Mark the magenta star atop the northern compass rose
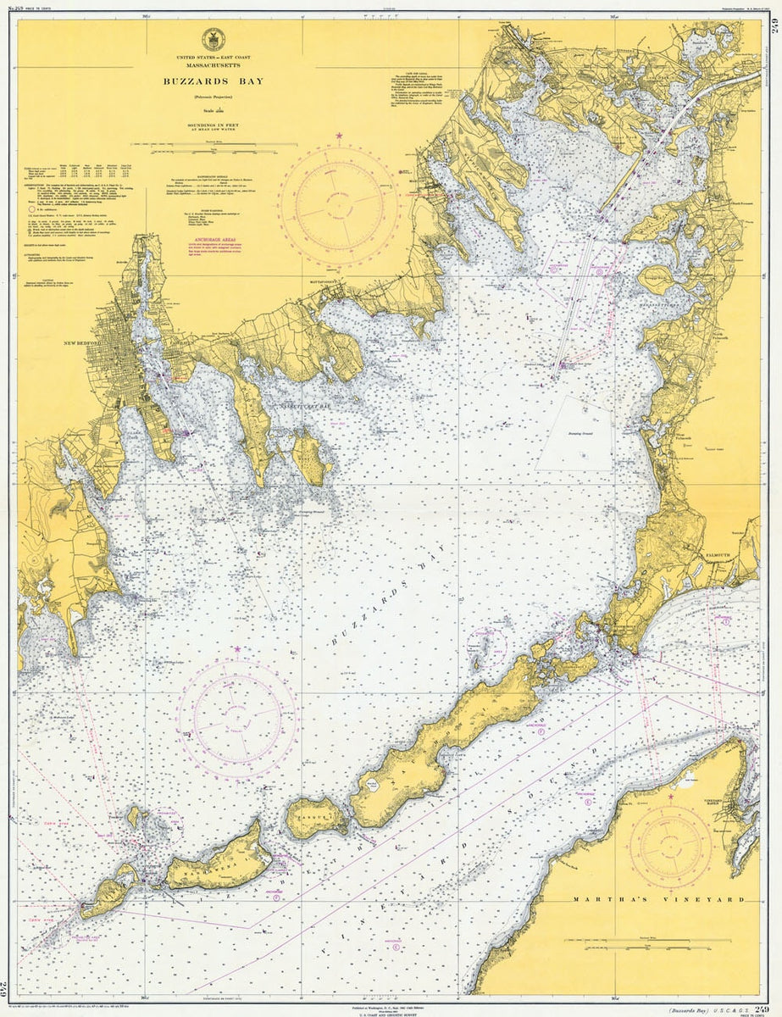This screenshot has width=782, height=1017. pos(339,136)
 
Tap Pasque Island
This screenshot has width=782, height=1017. pos(315,818)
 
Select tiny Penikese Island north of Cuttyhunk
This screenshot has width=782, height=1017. pos(133,816)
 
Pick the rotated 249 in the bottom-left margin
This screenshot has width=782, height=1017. pos(11,986)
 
